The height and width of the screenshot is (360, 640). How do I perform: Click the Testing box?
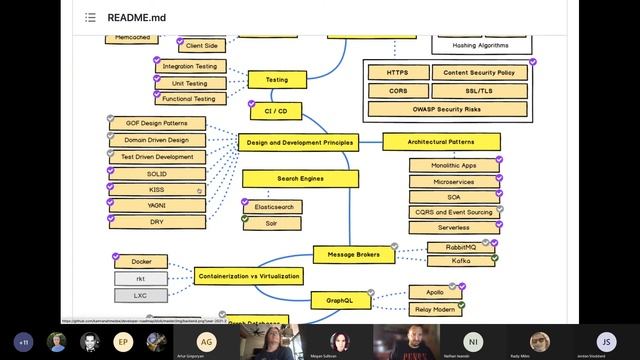pos(276,79)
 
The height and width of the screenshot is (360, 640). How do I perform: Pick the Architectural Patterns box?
pos(441,143)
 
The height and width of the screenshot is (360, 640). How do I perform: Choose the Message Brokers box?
pos(354,255)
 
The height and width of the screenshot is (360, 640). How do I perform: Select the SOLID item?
pos(157,173)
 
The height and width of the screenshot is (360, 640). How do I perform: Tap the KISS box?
pos(157,189)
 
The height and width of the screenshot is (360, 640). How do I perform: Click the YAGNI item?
pos(157,205)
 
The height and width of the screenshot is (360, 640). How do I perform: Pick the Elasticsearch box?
pos(271,205)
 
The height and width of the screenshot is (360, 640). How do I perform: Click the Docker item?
pos(141,262)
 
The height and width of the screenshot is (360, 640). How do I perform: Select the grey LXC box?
pos(141,295)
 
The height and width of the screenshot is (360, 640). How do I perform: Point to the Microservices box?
pos(454,182)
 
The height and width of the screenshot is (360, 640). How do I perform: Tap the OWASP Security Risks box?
pos(445,108)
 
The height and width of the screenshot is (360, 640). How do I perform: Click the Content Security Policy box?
pos(479,73)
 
